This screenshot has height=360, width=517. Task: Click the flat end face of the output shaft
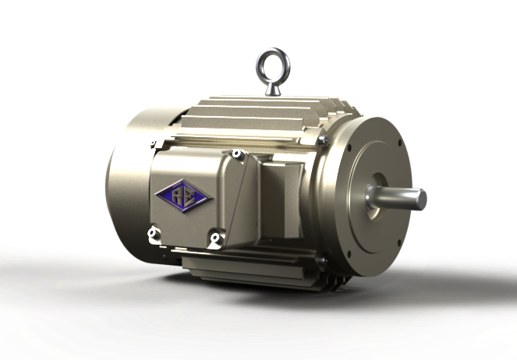coord(421,199)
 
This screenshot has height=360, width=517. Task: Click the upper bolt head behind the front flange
coord(321,140)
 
